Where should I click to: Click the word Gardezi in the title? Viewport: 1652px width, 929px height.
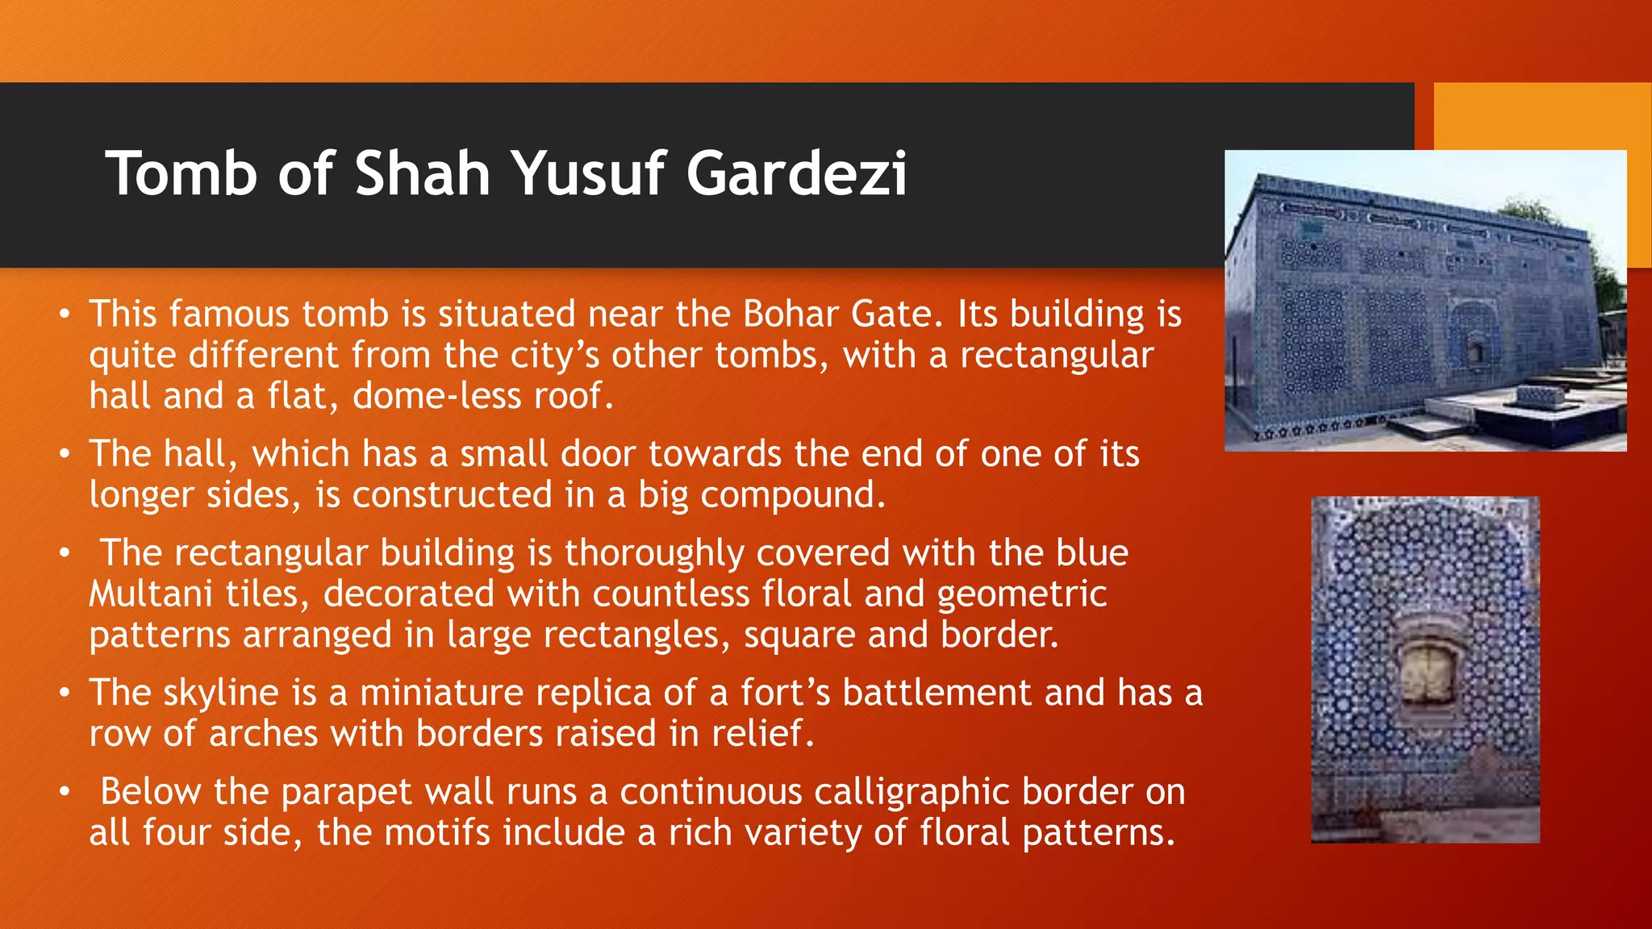coord(796,174)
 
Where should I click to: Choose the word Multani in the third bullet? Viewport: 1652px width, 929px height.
coord(150,594)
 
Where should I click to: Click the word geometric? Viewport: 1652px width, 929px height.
coord(1022,594)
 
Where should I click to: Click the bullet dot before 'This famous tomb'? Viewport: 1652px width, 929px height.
coord(65,314)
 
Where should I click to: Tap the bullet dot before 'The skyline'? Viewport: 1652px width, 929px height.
coord(65,693)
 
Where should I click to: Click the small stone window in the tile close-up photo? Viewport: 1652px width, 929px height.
coord(1427,670)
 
